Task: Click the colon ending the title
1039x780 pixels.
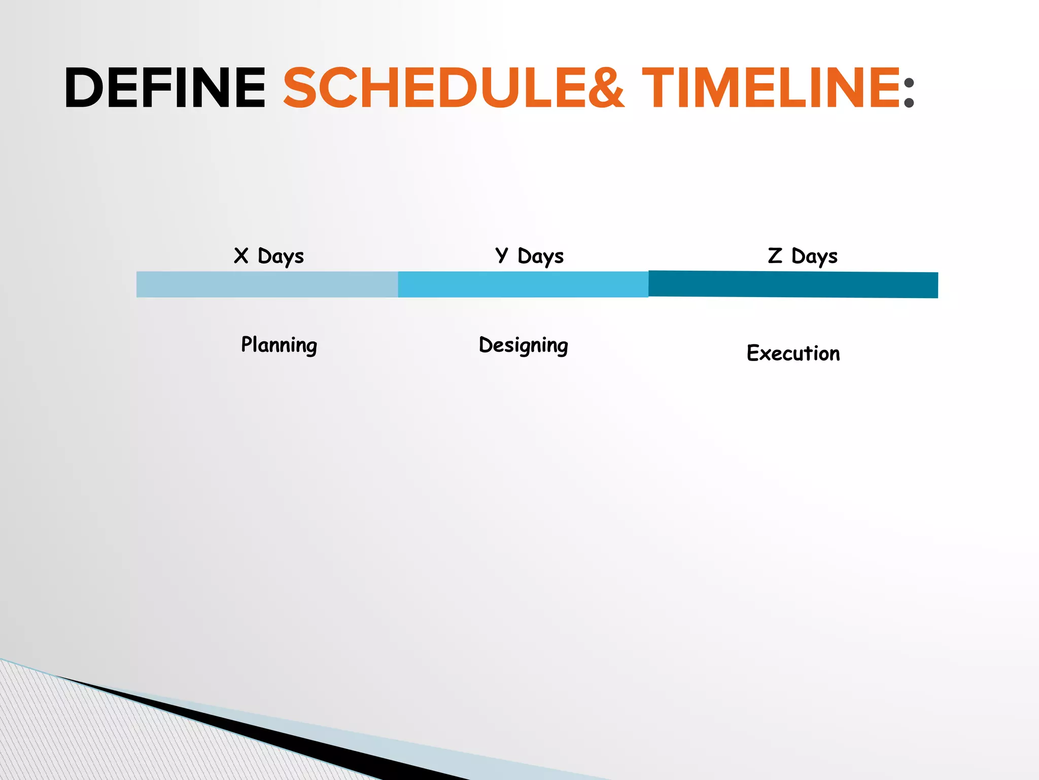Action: pyautogui.click(x=909, y=93)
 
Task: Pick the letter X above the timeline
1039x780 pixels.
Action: pyautogui.click(x=241, y=255)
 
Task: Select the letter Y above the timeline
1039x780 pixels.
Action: pyautogui.click(x=501, y=255)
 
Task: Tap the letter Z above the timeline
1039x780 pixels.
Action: pyautogui.click(x=775, y=255)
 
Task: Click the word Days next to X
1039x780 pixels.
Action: pyautogui.click(x=281, y=257)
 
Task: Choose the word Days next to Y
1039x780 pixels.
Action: pyautogui.click(x=540, y=257)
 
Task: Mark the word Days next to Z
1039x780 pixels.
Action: pyautogui.click(x=814, y=257)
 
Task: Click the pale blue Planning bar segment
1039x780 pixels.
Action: pyautogui.click(x=267, y=284)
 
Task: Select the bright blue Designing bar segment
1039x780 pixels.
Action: pyautogui.click(x=523, y=284)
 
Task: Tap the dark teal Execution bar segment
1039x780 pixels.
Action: pyautogui.click(x=793, y=284)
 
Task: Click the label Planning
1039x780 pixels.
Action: pyautogui.click(x=279, y=345)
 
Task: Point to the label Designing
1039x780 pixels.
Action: pyautogui.click(x=524, y=346)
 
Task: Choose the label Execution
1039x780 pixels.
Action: pyautogui.click(x=793, y=353)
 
